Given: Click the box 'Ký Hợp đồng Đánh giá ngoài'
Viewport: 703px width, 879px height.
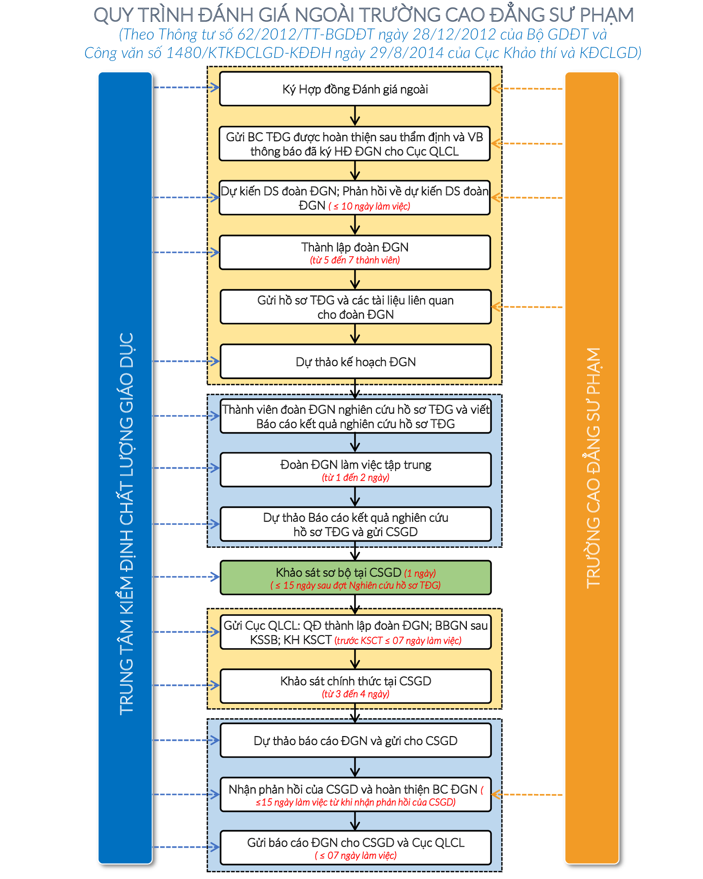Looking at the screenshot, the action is (355, 89).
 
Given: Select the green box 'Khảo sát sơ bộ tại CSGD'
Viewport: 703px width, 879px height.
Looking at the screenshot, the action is (356, 577).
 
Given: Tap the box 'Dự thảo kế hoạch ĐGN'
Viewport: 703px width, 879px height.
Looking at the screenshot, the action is (356, 361).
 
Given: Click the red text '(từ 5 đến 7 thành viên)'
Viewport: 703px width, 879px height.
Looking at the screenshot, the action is (355, 260).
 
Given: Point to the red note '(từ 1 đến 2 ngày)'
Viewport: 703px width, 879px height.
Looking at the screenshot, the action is (356, 478).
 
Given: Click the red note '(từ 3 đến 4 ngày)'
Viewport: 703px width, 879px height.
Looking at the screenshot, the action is (356, 694).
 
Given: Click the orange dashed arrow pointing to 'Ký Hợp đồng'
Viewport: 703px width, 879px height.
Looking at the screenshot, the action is (527, 89).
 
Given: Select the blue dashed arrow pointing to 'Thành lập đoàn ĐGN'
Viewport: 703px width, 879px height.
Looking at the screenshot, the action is (186, 252).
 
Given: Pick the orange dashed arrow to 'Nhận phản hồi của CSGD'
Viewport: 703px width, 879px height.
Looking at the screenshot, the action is (527, 794).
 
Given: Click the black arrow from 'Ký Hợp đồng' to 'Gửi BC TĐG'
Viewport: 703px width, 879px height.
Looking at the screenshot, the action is (355, 116).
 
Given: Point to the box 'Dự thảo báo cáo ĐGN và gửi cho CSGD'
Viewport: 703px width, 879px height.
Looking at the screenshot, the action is (356, 740).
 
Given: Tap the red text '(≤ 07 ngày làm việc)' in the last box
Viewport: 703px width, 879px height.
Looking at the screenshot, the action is (356, 855).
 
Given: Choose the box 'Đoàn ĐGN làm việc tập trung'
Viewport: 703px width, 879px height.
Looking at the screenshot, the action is (356, 470).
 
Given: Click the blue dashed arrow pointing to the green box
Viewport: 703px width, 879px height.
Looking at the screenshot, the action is (186, 577).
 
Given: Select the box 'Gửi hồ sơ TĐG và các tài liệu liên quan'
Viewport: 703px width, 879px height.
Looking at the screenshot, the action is (356, 307).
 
